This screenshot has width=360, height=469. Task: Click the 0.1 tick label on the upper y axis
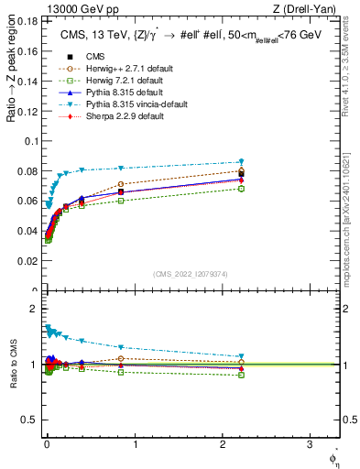click(x=30, y=140)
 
